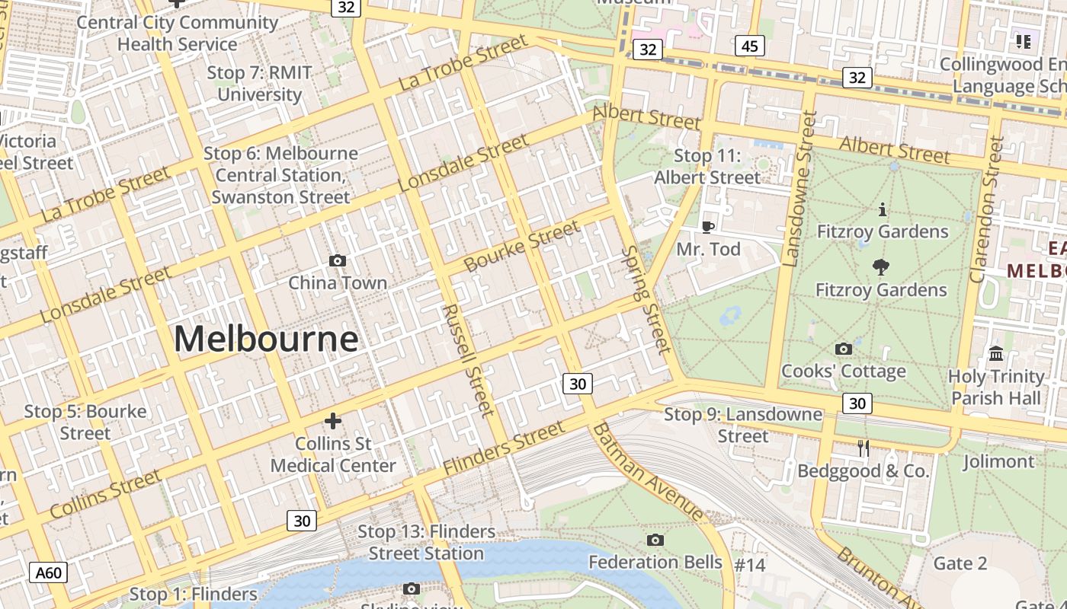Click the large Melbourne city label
(x=266, y=339)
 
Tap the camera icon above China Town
(x=337, y=261)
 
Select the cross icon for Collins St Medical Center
(x=333, y=420)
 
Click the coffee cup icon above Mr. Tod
(x=707, y=227)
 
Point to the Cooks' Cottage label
(x=843, y=371)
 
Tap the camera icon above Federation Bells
(x=655, y=540)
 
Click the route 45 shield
(x=750, y=46)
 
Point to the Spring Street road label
(x=646, y=299)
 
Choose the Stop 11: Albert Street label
(x=707, y=167)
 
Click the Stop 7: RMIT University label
(x=259, y=84)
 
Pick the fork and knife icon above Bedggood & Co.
(x=864, y=448)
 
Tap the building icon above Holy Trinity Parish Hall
(x=996, y=354)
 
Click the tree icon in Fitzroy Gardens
(x=881, y=267)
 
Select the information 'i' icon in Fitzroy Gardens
(x=883, y=209)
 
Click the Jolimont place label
(x=998, y=461)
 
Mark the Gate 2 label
(x=960, y=563)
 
